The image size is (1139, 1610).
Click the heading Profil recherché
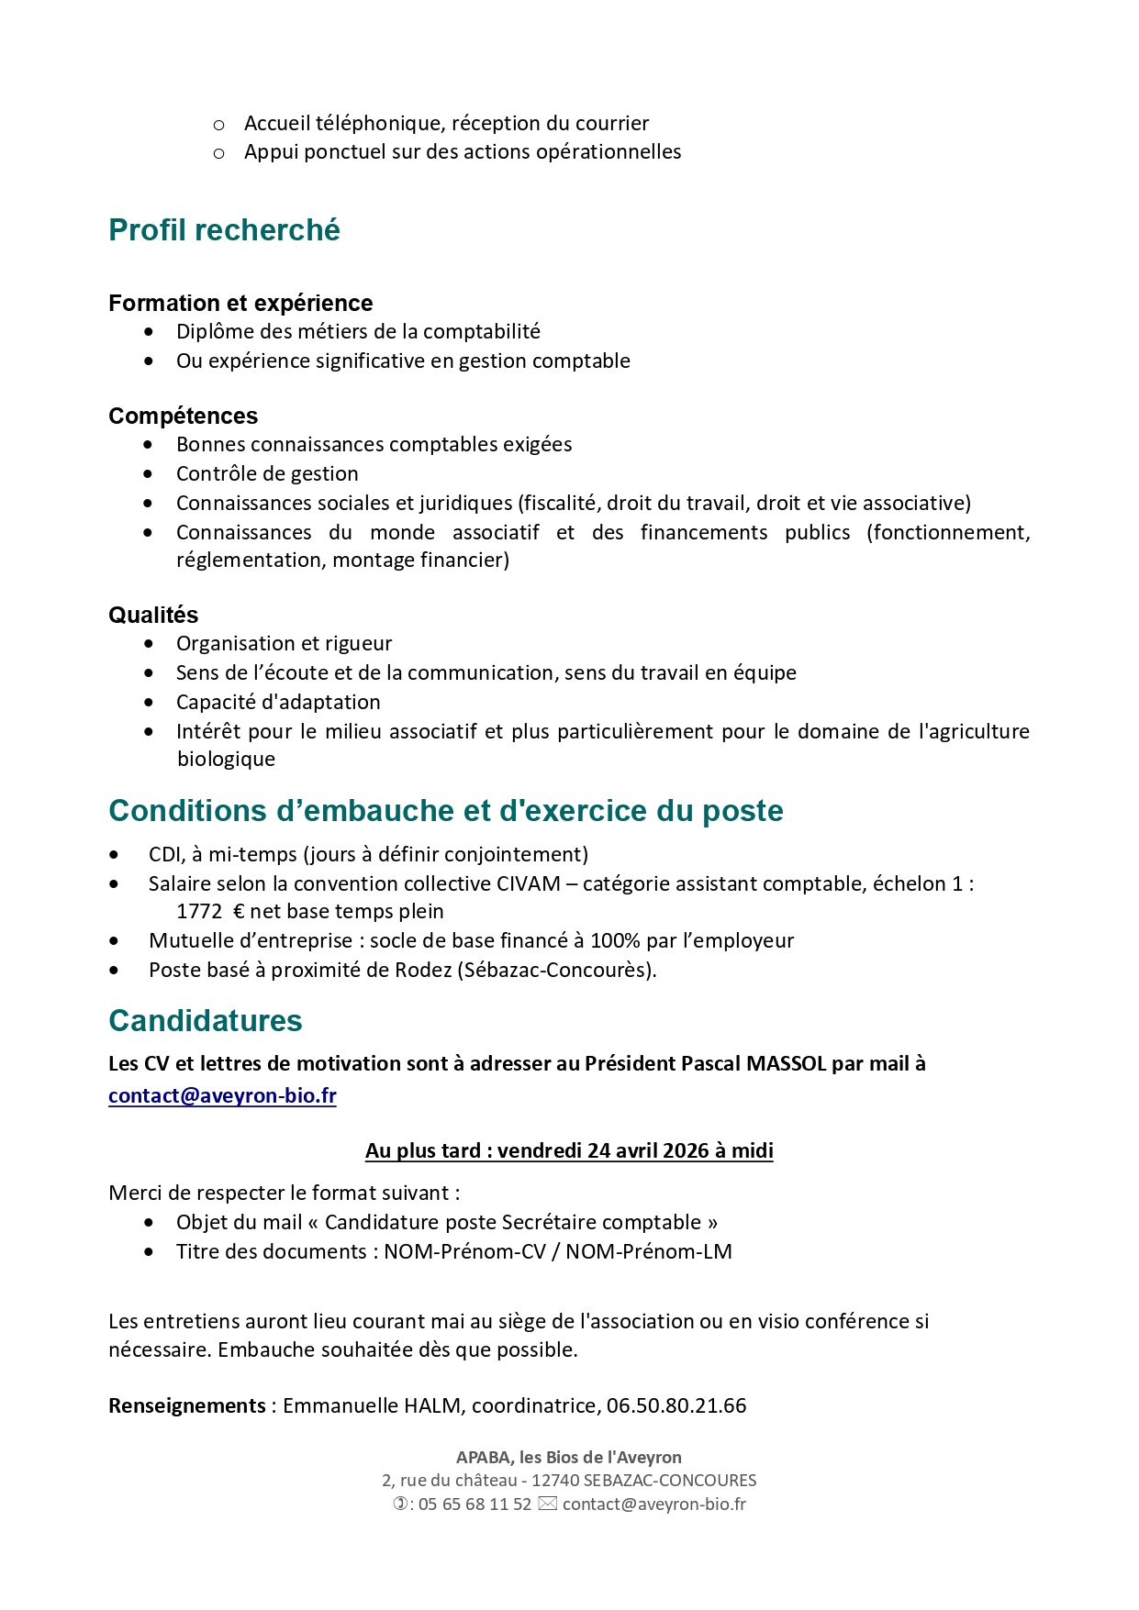(224, 229)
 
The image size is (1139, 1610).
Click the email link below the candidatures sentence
(222, 1095)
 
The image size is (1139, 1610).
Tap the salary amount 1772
(199, 911)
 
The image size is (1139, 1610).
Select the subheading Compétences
(183, 416)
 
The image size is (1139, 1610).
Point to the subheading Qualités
(153, 615)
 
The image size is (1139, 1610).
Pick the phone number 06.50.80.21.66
(676, 1405)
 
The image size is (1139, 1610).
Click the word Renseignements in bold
(187, 1405)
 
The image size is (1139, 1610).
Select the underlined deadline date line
(569, 1150)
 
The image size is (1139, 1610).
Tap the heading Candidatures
(206, 1020)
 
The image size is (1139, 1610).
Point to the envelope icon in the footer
(547, 1505)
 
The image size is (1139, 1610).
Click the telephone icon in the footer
(400, 1505)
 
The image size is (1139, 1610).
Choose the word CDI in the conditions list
(166, 854)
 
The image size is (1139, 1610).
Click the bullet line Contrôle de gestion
(267, 473)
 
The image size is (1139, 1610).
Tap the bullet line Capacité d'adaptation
(278, 702)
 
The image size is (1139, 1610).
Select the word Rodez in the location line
(423, 970)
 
